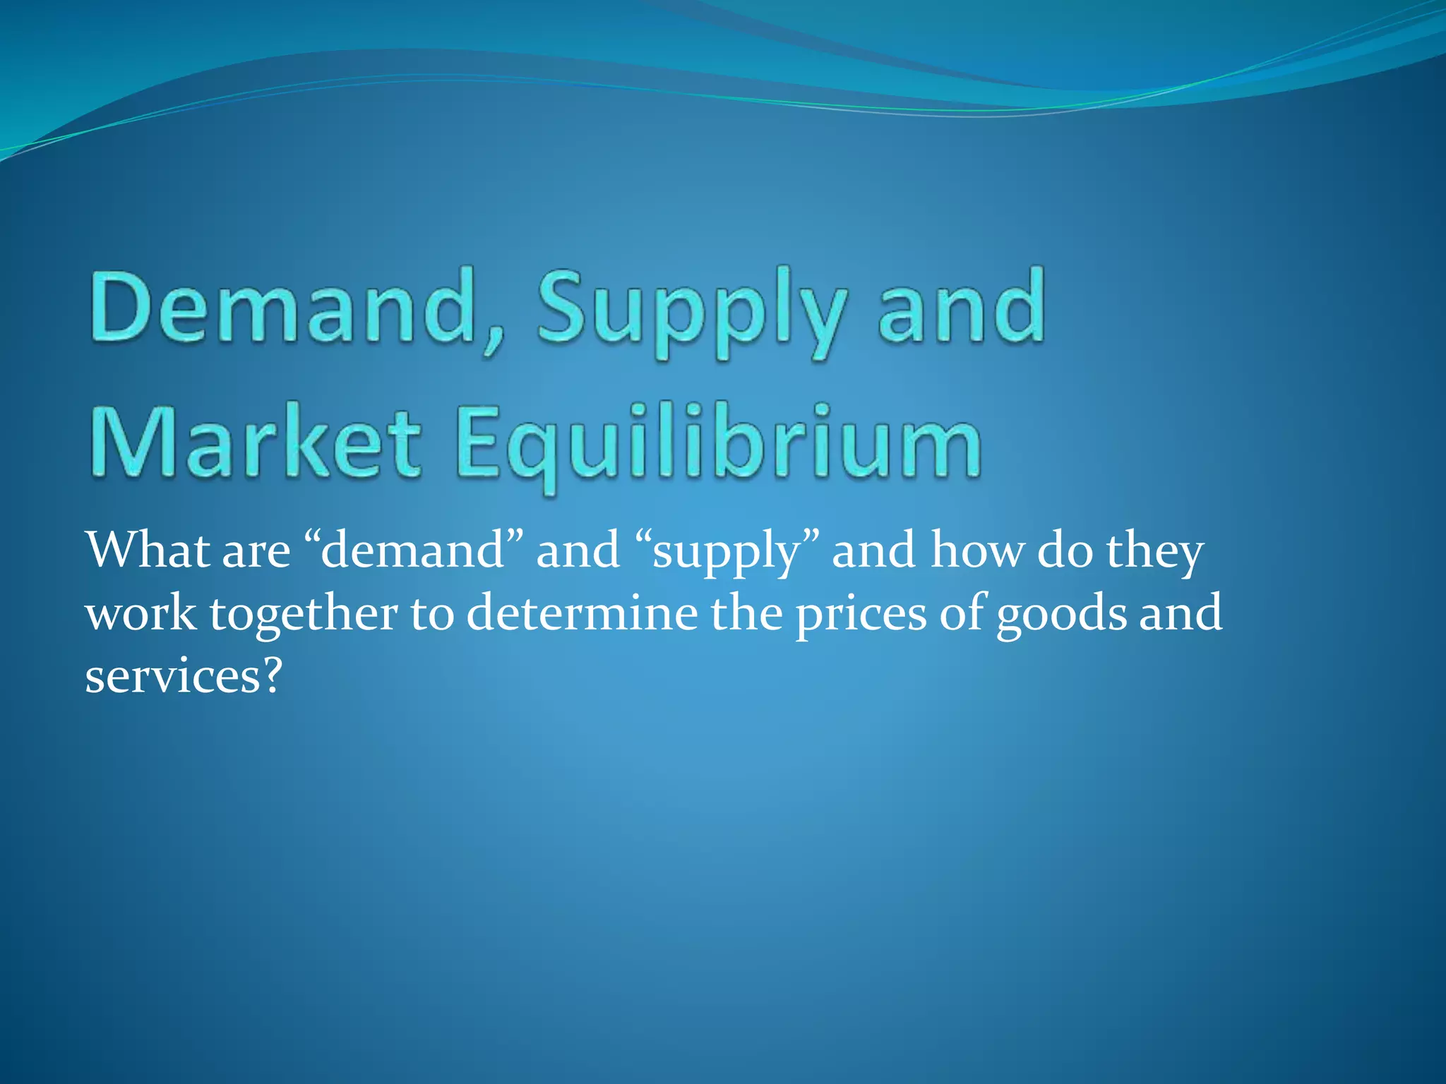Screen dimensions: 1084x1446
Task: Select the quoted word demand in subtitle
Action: tap(413, 551)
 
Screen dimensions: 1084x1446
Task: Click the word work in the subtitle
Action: tap(141, 613)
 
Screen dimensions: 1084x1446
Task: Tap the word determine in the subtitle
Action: tap(582, 613)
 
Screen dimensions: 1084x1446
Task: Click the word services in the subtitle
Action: tap(172, 675)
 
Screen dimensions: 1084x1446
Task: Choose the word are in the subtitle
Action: tap(256, 551)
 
